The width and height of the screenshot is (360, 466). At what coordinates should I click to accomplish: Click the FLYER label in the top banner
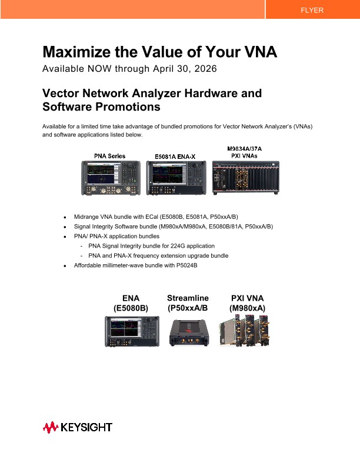coord(312,10)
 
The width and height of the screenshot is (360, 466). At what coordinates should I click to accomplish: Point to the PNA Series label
coord(110,156)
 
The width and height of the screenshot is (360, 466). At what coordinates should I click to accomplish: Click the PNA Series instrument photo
coord(111,178)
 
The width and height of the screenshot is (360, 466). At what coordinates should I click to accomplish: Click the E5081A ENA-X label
coord(175,157)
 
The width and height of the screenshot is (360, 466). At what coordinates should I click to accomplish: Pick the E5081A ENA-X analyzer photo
coord(176,178)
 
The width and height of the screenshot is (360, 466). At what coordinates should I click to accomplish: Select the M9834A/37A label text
coord(245,148)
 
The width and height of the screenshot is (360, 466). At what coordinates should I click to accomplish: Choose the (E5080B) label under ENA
coord(131,308)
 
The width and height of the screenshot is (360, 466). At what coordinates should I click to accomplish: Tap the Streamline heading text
coord(188,298)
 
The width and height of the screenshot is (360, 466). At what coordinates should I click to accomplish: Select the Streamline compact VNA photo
coord(188,332)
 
